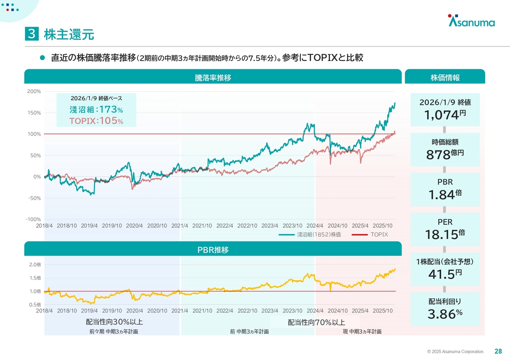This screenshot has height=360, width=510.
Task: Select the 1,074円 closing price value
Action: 445,115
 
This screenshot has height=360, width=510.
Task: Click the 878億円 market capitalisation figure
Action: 445,154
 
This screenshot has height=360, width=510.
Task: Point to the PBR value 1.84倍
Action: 445,194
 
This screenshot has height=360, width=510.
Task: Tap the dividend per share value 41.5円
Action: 445,274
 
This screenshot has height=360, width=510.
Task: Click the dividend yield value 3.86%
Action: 445,314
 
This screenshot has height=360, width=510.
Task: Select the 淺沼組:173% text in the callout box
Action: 96,110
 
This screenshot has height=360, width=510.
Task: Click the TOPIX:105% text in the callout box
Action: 96,121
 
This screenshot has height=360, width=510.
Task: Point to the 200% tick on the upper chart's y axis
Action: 34,92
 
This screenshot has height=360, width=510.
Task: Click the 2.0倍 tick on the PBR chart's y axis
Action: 35,264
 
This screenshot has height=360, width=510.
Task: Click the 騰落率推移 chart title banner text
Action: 213,78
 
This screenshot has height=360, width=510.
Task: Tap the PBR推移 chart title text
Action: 213,250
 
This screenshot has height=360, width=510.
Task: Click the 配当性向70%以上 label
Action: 316,322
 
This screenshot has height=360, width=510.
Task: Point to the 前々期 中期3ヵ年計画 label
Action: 114,331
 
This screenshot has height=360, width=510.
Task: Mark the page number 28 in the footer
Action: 498,351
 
